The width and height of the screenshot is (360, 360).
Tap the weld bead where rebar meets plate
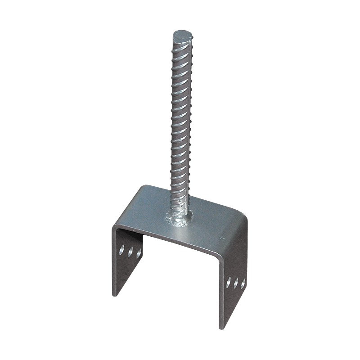[180, 218]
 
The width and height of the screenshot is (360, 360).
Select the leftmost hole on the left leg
[121, 250]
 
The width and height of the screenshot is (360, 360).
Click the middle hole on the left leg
[130, 252]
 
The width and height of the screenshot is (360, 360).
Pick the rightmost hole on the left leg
[139, 253]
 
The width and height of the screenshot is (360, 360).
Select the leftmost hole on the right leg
[228, 282]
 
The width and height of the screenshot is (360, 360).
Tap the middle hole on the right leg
[235, 283]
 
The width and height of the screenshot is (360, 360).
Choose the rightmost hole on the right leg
[243, 283]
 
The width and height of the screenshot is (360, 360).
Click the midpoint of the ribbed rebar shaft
[181, 121]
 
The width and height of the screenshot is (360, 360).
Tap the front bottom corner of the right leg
[221, 328]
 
